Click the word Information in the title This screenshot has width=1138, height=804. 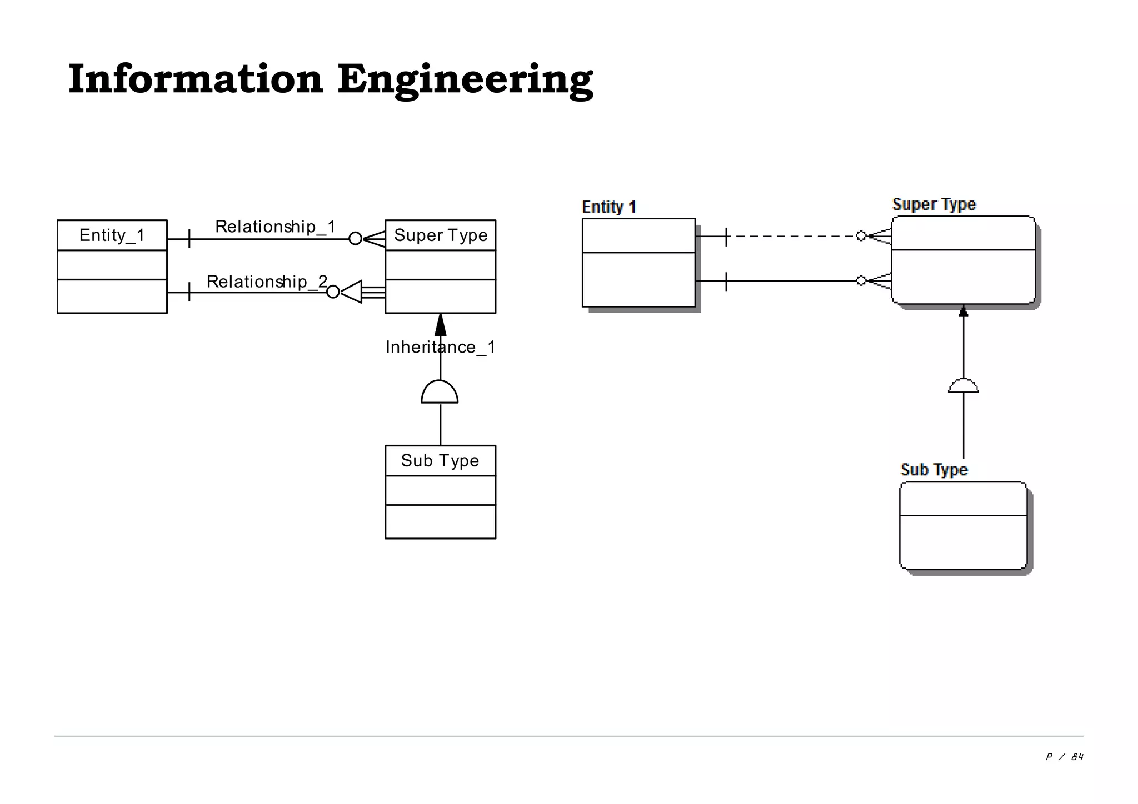[196, 79]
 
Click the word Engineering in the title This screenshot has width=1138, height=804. [465, 81]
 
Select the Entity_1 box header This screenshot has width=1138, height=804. [112, 235]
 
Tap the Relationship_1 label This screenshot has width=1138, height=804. [275, 227]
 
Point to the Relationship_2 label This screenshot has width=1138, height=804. [267, 282]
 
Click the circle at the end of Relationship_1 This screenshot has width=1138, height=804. [355, 239]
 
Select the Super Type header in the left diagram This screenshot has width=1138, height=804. [440, 235]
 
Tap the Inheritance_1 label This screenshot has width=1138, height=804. [440, 348]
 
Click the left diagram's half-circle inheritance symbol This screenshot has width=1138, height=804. [440, 393]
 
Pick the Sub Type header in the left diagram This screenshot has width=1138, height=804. [440, 461]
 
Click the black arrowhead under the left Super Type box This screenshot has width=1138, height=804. [440, 325]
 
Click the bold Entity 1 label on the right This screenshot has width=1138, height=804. [608, 207]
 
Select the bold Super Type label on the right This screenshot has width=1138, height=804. [934, 204]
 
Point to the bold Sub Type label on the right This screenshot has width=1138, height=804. [934, 470]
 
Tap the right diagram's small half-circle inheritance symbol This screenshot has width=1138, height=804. [963, 386]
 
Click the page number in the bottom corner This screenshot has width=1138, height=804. [1064, 757]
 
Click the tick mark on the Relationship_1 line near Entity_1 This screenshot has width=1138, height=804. [189, 239]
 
